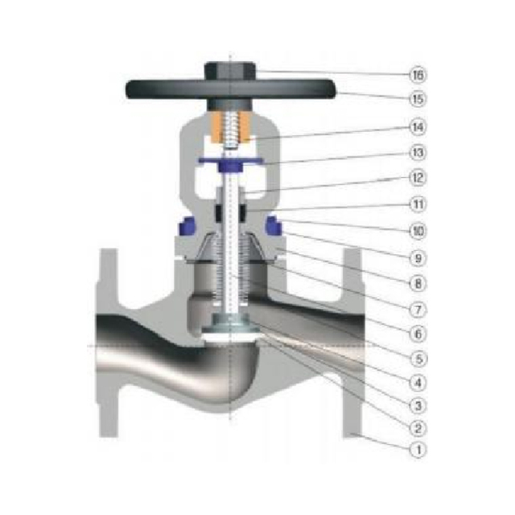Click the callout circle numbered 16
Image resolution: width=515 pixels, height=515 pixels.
[x=417, y=75]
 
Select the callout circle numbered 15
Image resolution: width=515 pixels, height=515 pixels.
[x=417, y=99]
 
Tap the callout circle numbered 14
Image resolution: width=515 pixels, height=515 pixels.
[x=417, y=127]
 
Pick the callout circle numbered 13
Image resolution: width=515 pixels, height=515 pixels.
[x=417, y=152]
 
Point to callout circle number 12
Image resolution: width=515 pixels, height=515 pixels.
[x=417, y=177]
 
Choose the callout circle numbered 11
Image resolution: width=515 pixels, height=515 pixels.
[x=417, y=204]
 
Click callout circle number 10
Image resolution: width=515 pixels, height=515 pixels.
[x=417, y=231]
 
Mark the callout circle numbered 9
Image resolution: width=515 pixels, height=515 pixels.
[x=417, y=258]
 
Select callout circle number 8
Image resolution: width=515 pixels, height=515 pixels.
[x=417, y=283]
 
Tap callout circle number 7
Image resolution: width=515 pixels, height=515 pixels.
[x=417, y=308]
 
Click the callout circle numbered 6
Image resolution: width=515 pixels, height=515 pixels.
[x=417, y=332]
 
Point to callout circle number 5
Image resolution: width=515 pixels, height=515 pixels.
[x=417, y=356]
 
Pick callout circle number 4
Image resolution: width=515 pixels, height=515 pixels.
[x=417, y=381]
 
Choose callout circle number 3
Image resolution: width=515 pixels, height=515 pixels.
[x=417, y=405]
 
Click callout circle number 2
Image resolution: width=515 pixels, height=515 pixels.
[x=417, y=427]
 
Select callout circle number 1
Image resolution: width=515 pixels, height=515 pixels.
[x=417, y=450]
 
